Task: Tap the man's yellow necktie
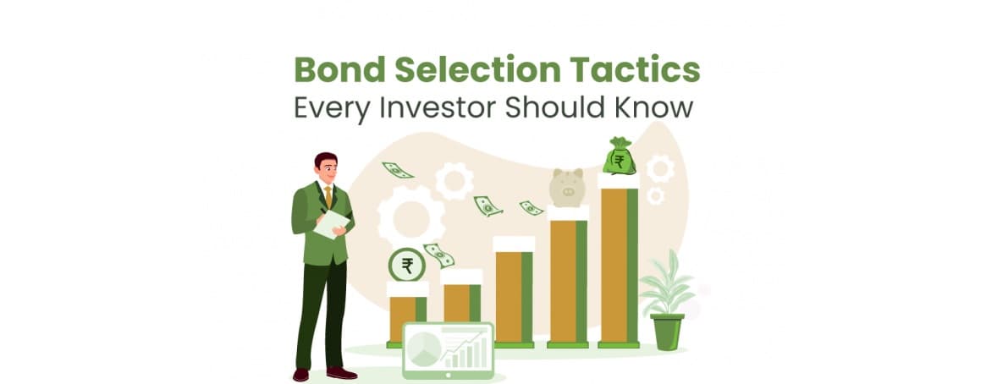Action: tap(328, 196)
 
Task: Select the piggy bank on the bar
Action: tap(567, 186)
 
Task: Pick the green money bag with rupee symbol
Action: tap(619, 156)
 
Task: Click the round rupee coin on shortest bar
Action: tap(407, 266)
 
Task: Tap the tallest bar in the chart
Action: tap(619, 262)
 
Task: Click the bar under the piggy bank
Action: tap(567, 279)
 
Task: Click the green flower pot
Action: tap(667, 332)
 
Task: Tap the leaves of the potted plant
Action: tap(667, 283)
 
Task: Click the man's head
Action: tap(326, 167)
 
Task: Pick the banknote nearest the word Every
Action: tap(397, 170)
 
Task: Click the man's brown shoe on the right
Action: tap(341, 373)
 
